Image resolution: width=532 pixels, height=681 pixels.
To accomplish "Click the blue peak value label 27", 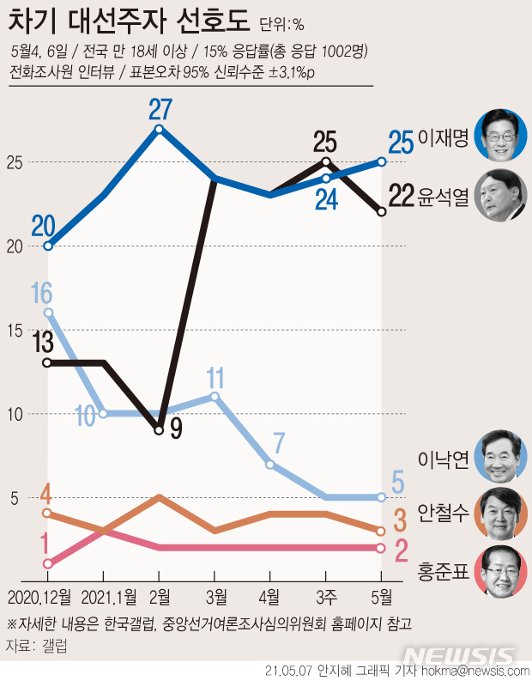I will pos(160,108).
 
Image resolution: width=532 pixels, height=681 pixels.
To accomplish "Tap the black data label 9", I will pos(177,428).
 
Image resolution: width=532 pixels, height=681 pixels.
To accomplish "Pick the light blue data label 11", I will pos(215,376).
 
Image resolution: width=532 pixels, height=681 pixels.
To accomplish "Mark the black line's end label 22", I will pos(402,197).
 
